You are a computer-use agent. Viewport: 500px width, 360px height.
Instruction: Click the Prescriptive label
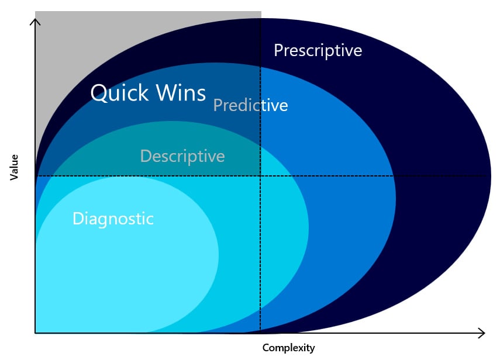tap(318, 51)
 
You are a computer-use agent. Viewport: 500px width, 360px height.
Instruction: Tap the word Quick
tap(119, 93)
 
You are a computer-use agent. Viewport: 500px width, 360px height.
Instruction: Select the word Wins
tap(181, 93)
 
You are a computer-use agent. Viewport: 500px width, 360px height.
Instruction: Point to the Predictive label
tap(250, 105)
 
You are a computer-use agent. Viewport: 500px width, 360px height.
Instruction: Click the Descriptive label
tap(182, 156)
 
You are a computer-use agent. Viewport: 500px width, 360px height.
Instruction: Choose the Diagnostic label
tap(113, 219)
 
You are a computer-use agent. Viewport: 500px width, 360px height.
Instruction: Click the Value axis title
tap(14, 168)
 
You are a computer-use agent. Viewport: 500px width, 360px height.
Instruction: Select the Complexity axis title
tap(288, 348)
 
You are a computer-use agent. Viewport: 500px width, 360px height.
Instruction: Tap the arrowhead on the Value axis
tap(35, 22)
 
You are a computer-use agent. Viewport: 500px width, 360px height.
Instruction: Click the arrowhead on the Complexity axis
tap(482, 333)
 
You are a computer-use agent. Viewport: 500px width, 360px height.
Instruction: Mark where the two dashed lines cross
tap(260, 176)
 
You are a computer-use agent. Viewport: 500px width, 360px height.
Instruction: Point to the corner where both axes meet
tap(35, 333)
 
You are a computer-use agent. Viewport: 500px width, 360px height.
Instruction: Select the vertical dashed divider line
tap(260, 174)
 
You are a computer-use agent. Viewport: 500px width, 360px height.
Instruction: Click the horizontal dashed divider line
tap(261, 176)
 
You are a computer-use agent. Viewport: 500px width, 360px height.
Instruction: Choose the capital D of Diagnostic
tap(78, 219)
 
